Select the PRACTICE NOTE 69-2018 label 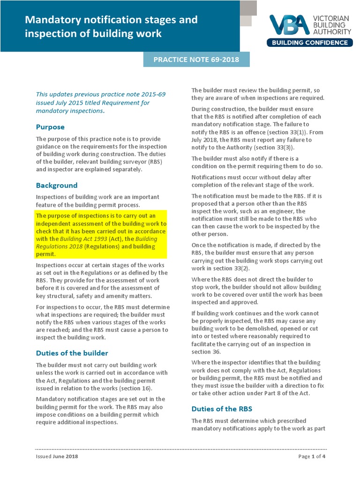click(196, 60)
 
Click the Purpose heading click(50, 127)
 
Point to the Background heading click(57, 185)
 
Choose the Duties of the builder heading click(72, 353)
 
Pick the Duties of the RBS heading click(222, 409)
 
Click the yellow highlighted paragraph click(101, 235)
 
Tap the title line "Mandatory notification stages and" click(111, 20)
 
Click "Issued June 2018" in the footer click(57, 457)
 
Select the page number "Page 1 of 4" click(312, 457)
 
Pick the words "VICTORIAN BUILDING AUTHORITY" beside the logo click(331, 25)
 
